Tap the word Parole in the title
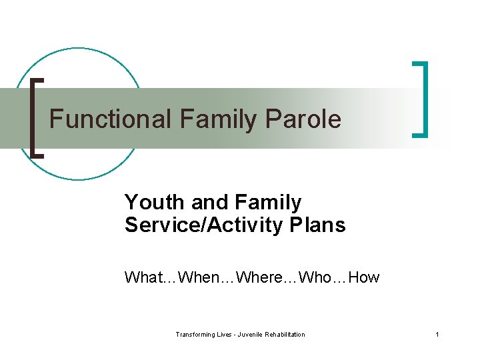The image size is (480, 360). click(303, 119)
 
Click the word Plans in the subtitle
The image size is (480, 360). click(317, 225)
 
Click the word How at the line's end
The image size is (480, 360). click(363, 277)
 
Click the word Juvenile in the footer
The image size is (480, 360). click(253, 335)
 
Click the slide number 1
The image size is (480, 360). click(437, 335)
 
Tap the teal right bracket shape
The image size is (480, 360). click(423, 99)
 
